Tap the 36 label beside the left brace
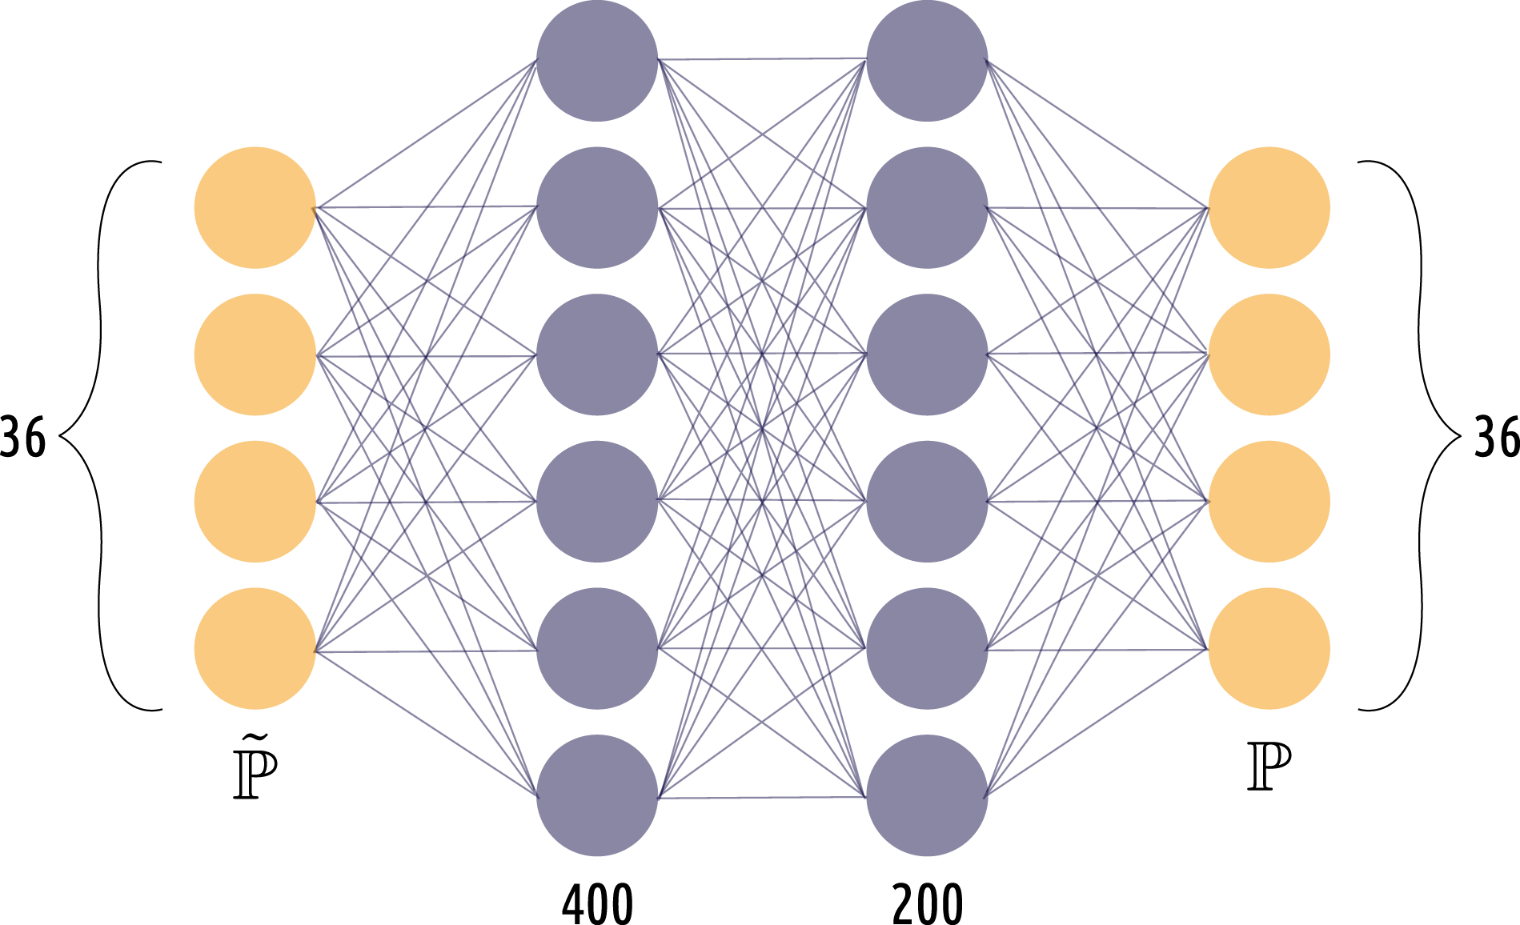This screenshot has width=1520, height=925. click(22, 437)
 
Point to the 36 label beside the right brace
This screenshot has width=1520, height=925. click(1497, 437)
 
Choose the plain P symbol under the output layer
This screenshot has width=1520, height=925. click(1269, 767)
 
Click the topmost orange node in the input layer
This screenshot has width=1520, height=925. click(255, 207)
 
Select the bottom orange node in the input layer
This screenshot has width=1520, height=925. click(255, 649)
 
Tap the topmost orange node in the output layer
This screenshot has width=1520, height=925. click(1269, 207)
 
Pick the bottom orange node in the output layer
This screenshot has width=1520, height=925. click(1269, 649)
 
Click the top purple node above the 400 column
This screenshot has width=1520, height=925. click(597, 61)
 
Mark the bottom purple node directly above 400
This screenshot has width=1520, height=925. click(597, 796)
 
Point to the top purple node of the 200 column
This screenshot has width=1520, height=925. click(927, 61)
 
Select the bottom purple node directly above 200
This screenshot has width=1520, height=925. click(927, 796)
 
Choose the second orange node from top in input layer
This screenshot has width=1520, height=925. click(255, 354)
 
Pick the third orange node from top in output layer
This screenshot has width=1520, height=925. click(1269, 502)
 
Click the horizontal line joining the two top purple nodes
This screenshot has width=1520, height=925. click(762, 58)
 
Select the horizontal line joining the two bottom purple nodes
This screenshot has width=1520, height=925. click(762, 798)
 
